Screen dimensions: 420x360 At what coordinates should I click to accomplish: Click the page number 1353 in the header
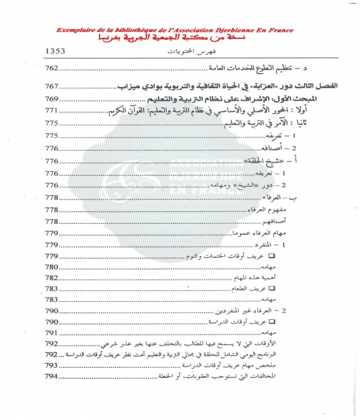pyautogui.click(x=61, y=52)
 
